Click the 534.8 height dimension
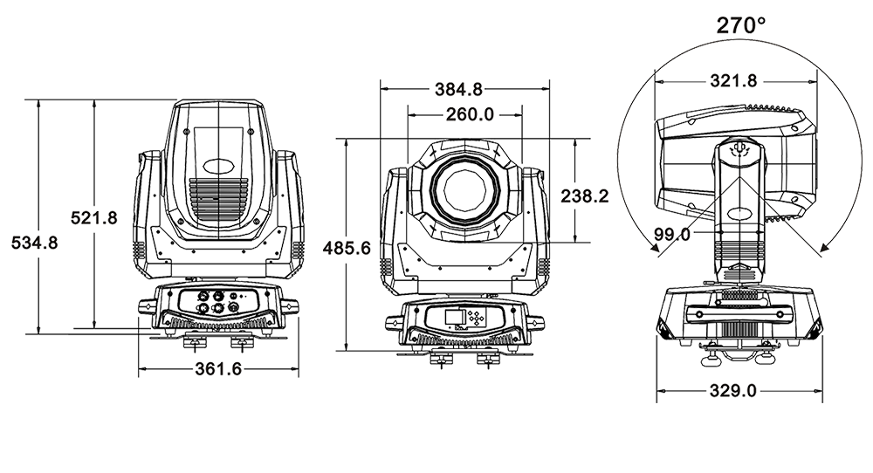pos(35,243)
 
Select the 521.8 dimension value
pos(94,217)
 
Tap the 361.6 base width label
pos(218,368)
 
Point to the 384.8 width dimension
pos(459,88)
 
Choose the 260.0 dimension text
pos(470,114)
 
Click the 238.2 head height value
pos(585,195)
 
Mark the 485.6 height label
pos(347,248)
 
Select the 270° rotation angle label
pos(741,25)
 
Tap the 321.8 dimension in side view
pos(734,80)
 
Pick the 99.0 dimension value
pos(672,234)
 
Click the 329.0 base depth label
pos(733,391)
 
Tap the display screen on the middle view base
pos(455,318)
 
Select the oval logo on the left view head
pos(219,165)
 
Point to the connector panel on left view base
pos(219,301)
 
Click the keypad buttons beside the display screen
pos(476,318)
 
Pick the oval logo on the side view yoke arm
pos(741,213)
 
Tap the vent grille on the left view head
pos(218,198)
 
